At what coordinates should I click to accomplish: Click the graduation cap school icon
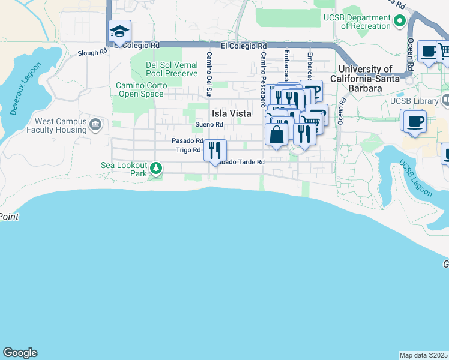click(x=119, y=32)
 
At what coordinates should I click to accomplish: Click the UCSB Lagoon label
click(x=416, y=179)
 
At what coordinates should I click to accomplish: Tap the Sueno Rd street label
click(x=209, y=125)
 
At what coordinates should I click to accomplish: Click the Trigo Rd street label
click(x=188, y=150)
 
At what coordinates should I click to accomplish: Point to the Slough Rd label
click(x=92, y=53)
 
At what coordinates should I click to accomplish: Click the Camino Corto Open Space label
click(x=140, y=89)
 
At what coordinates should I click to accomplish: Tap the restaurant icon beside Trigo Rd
click(x=215, y=150)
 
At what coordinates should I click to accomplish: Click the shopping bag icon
click(x=276, y=134)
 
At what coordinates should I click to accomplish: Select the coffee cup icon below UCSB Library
click(x=415, y=121)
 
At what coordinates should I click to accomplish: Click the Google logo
click(x=20, y=353)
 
